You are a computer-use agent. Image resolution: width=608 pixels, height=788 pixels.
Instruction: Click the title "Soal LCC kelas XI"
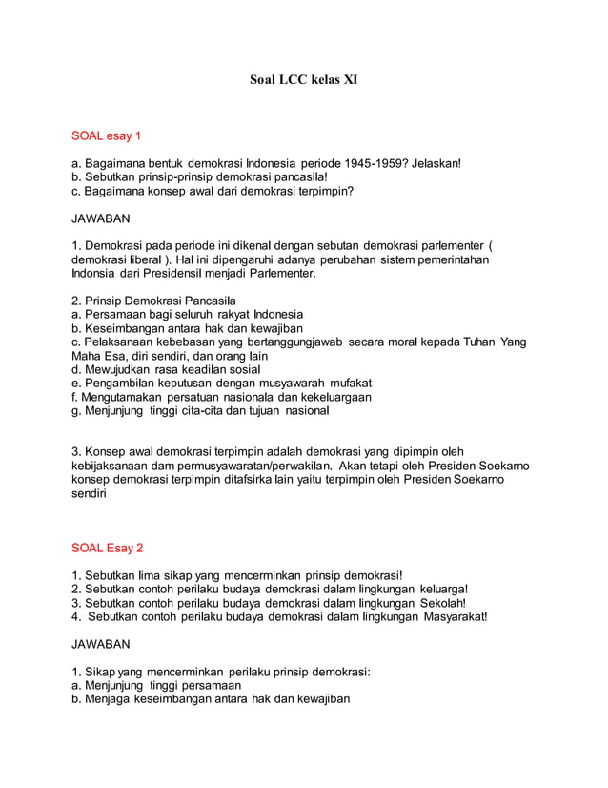pyautogui.click(x=303, y=82)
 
